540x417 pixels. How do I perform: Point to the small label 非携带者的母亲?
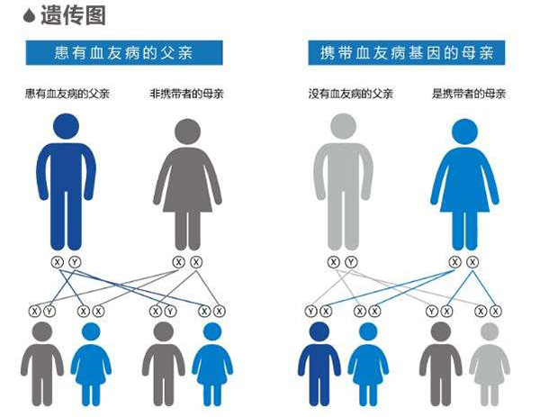(187, 94)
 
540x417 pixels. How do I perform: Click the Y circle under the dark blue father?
(75, 262)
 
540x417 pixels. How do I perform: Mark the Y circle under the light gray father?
(352, 262)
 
